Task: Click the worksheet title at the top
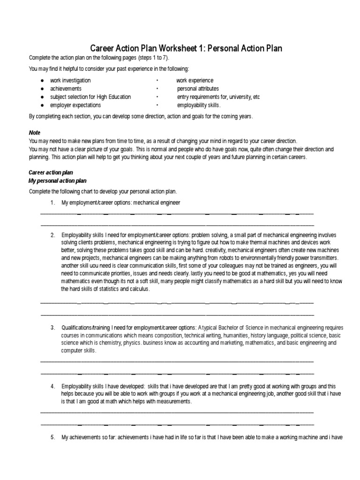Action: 186,48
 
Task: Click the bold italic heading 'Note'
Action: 35,133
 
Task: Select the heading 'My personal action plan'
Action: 58,180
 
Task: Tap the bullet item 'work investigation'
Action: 70,81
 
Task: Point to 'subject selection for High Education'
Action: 90,97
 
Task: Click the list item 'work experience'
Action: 195,81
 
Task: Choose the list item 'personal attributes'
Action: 198,89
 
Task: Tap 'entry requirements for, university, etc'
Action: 218,97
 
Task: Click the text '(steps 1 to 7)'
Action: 151,58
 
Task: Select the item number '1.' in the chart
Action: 53,202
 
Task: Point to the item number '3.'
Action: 53,327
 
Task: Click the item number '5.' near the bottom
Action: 53,437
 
